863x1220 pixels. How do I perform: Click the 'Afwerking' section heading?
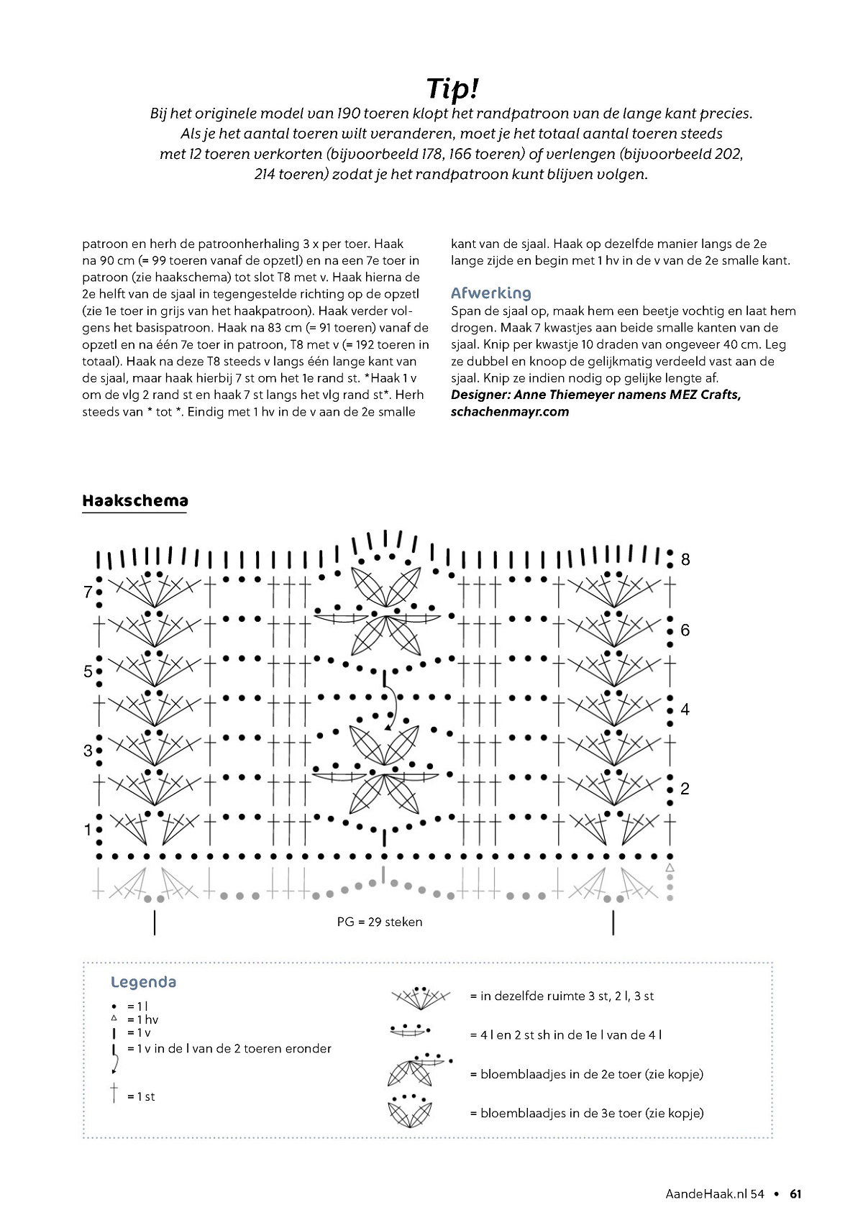(490, 293)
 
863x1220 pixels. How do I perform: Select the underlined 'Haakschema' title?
(135, 500)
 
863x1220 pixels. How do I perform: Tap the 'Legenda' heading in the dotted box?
(144, 982)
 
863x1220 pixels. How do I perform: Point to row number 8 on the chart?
(685, 559)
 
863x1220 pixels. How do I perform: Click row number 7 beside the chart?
(88, 592)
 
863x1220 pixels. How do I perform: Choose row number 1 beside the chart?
(88, 830)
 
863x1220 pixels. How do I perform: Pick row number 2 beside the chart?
(685, 789)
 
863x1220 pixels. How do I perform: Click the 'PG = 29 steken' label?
(380, 922)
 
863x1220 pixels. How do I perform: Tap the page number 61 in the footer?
(795, 1194)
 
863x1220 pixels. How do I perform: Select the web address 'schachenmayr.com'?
(510, 412)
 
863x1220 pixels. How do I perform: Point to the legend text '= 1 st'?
(141, 1096)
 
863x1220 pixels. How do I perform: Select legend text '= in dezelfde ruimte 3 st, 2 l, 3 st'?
(562, 996)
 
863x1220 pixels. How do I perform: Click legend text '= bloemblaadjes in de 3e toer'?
(586, 1113)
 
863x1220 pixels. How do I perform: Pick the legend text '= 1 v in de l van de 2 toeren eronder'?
(229, 1049)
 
